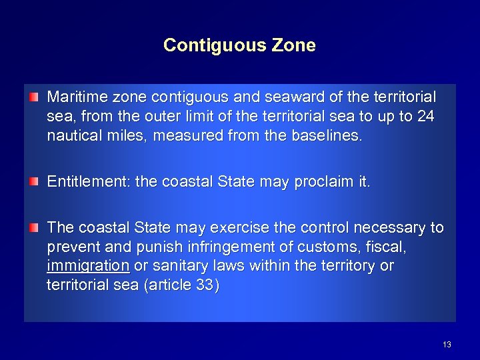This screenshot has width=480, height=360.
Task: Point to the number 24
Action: pyautogui.click(x=425, y=117)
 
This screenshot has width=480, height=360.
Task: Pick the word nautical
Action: pyautogui.click(x=71, y=136)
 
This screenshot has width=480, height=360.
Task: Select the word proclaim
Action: pyautogui.click(x=337, y=182)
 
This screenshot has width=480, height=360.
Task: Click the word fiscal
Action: pyautogui.click(x=387, y=247)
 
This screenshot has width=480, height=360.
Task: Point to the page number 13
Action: pyautogui.click(x=447, y=345)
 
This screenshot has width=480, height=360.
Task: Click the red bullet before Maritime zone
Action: pyautogui.click(x=34, y=97)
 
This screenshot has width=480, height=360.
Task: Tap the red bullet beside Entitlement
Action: pyautogui.click(x=34, y=182)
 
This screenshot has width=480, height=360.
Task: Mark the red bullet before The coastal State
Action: pyautogui.click(x=34, y=228)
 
